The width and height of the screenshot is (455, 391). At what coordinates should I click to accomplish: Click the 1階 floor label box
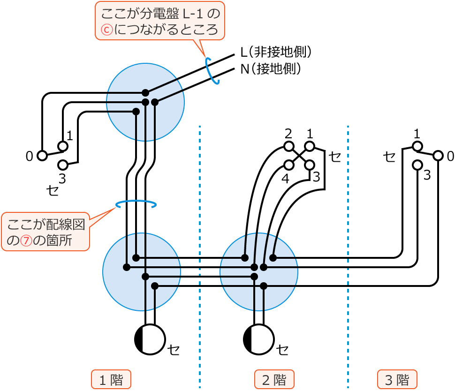pyautogui.click(x=111, y=379)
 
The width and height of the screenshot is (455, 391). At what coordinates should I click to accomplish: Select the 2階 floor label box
pyautogui.click(x=274, y=379)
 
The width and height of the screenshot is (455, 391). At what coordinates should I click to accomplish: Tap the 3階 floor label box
pyautogui.click(x=397, y=379)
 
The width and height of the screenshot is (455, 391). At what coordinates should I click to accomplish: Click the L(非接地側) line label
pyautogui.click(x=276, y=52)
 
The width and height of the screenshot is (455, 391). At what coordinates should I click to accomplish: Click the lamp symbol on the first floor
pyautogui.click(x=150, y=339)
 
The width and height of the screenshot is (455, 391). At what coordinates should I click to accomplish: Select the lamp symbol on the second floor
pyautogui.click(x=259, y=339)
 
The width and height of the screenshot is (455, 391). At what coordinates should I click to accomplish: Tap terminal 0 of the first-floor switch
pyautogui.click(x=42, y=156)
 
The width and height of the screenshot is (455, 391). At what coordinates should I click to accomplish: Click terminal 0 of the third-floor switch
pyautogui.click(x=438, y=156)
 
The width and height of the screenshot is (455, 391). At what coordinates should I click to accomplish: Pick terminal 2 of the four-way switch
pyautogui.click(x=289, y=146)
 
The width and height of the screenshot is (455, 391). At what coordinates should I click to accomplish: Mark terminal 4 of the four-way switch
pyautogui.click(x=289, y=165)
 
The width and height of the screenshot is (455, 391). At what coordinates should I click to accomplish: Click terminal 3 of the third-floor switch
pyautogui.click(x=417, y=165)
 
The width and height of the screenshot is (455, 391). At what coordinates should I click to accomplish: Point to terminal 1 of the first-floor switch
pyautogui.click(x=63, y=146)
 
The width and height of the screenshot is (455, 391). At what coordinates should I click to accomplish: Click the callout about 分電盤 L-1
pyautogui.click(x=159, y=21)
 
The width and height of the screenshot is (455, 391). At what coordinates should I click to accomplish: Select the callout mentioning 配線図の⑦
pyautogui.click(x=45, y=232)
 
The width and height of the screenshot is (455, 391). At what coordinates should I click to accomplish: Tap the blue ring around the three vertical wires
pyautogui.click(x=136, y=204)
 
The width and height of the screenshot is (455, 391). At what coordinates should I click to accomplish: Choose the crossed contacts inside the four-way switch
pyautogui.click(x=299, y=156)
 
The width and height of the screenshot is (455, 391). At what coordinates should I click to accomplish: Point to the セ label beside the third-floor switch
pyautogui.click(x=389, y=156)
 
